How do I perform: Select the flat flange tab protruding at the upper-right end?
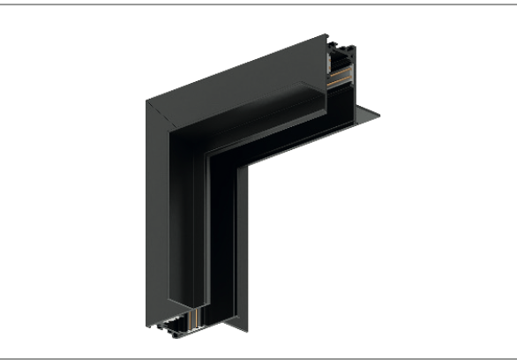(x=369, y=114)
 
